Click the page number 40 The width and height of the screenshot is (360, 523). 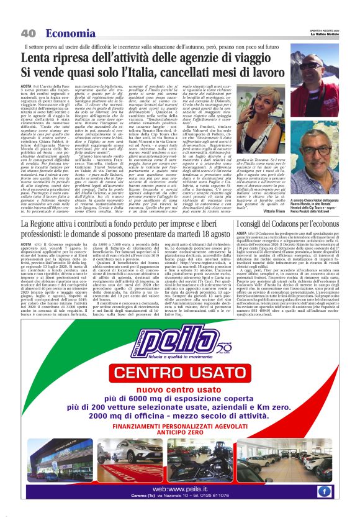pos(28,33)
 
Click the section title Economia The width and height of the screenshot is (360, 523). pos(66,33)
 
